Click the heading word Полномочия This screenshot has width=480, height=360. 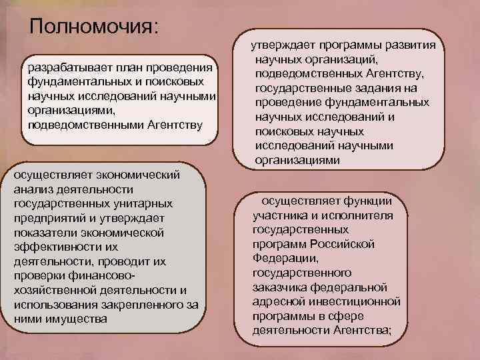pos(94,27)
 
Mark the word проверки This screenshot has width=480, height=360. pos(41,275)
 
